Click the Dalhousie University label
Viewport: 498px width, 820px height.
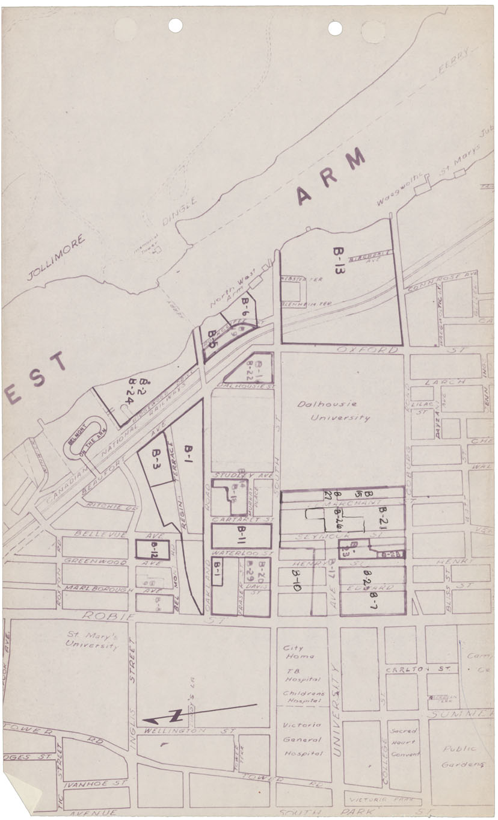(x=334, y=412)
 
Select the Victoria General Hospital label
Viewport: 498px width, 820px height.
(x=303, y=739)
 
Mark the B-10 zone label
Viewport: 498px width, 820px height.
(x=297, y=583)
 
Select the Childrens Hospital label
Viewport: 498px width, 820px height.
(x=303, y=697)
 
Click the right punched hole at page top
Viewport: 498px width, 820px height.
(x=335, y=28)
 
